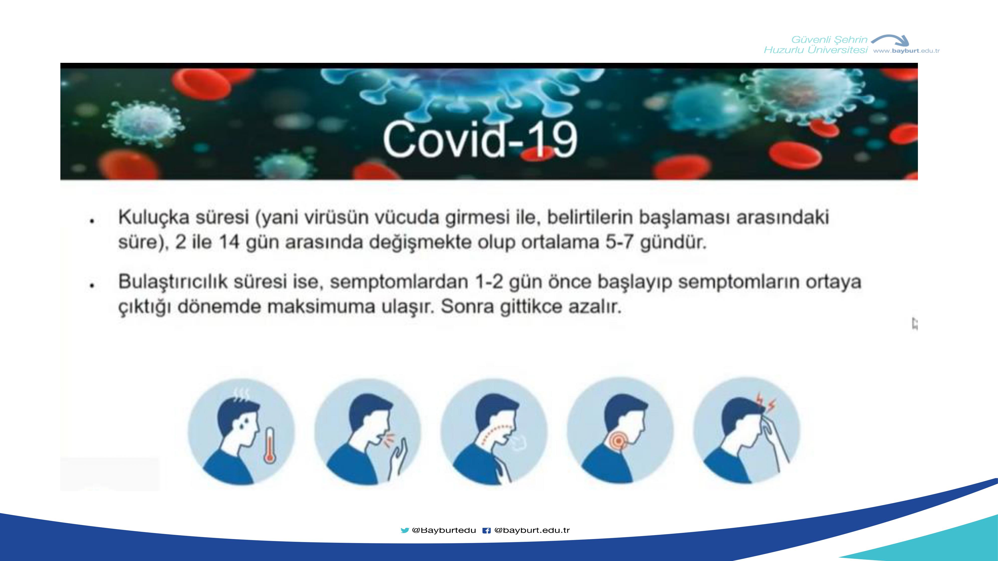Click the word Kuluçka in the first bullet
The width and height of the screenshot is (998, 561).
[x=154, y=217]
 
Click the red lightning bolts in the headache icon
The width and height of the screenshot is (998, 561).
[x=765, y=403]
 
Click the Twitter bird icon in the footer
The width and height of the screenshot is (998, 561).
[x=405, y=530]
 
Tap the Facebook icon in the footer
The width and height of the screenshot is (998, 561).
[x=487, y=530]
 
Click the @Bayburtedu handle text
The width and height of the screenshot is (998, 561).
[x=444, y=530]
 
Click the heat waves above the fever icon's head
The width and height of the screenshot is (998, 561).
[x=241, y=395]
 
